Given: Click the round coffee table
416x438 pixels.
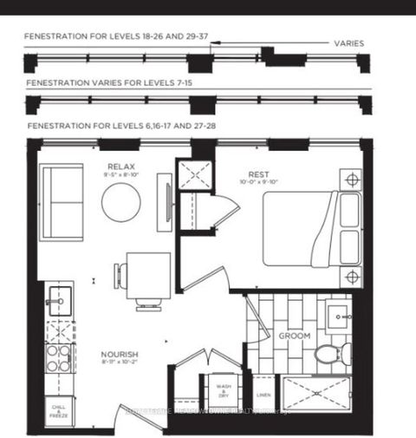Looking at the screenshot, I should tap(120, 203).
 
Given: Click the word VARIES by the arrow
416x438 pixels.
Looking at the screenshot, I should tap(348, 42).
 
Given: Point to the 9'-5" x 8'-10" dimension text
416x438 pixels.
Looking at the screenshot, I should tap(120, 174).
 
